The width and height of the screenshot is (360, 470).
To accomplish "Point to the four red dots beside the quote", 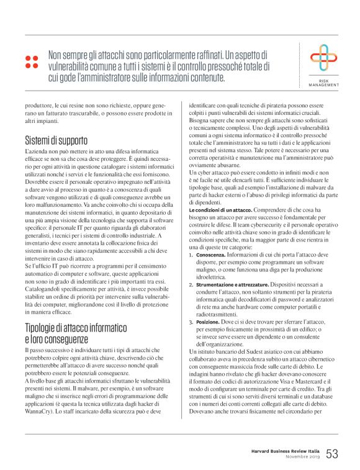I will coord(31,61).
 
